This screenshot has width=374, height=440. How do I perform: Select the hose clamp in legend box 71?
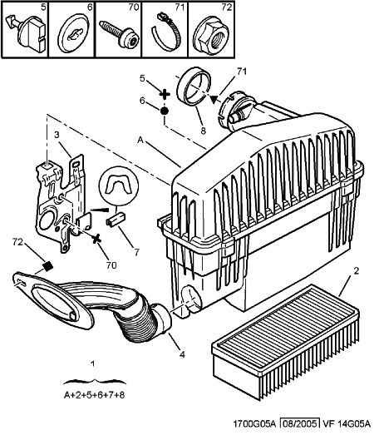(x=165, y=32)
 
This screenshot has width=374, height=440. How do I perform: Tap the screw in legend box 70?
(x=119, y=33)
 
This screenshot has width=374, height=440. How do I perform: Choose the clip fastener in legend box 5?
(x=26, y=32)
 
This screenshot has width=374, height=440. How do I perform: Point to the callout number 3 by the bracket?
(x=57, y=135)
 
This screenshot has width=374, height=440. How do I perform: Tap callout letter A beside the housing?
(x=140, y=140)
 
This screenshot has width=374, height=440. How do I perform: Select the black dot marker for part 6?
(x=165, y=111)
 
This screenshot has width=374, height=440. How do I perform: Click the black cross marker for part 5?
(x=165, y=94)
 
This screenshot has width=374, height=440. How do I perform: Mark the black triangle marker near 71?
(x=214, y=100)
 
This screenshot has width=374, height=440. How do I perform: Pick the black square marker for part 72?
(x=48, y=265)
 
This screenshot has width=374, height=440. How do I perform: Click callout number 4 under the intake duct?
(x=182, y=354)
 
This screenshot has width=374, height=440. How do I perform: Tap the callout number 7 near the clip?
(x=136, y=253)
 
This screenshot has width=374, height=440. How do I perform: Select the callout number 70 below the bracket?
(x=111, y=264)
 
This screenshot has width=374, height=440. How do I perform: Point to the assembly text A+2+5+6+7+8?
(x=94, y=395)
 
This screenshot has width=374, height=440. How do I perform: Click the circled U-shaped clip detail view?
(x=119, y=186)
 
